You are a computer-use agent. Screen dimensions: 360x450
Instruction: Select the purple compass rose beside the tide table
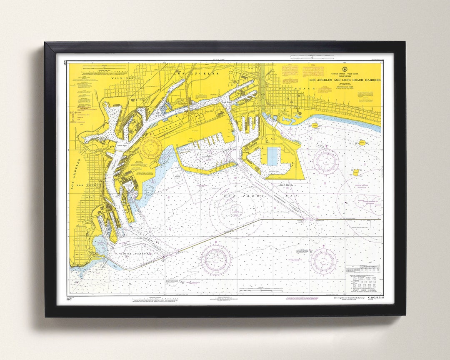click(x=323, y=261)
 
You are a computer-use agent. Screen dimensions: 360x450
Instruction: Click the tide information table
click(x=362, y=275)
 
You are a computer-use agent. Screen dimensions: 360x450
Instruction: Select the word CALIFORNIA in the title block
click(x=344, y=76)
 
